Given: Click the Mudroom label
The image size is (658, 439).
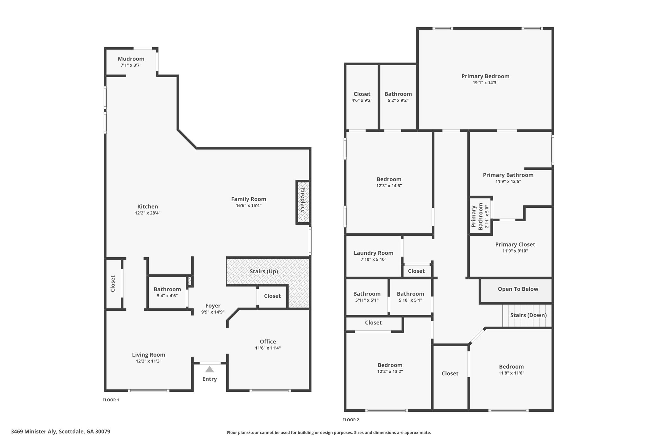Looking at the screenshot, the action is point(131,59).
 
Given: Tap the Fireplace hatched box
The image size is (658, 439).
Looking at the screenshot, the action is point(303,202).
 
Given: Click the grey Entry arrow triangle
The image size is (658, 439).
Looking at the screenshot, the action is point(209,369).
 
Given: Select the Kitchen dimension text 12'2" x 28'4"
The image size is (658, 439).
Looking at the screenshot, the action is point(148,213).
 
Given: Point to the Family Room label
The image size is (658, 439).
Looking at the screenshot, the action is point(249,199).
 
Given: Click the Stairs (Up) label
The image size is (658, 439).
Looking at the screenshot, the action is point(264,271).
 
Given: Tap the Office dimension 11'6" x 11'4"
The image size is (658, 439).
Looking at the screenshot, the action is point(268,348).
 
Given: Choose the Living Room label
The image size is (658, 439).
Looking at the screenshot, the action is point(149,355).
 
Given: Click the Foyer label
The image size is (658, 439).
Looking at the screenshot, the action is point(213,306).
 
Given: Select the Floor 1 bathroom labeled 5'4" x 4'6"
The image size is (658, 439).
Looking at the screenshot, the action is point(167,292).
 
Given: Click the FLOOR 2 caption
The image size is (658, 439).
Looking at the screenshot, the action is point(351,420).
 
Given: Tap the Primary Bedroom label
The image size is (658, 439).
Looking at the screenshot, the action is point(485,76).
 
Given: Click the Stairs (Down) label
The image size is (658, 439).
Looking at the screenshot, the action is point(529,315).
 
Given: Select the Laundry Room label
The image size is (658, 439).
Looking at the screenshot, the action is point(374,253).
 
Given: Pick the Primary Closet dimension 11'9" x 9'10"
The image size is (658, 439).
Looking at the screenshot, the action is point(515,251).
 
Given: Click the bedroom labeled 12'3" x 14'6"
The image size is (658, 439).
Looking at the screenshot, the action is point(389,182).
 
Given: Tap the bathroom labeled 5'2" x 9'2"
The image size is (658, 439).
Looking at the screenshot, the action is point(398,97).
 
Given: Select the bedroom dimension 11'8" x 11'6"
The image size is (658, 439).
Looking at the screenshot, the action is point(511,373).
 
